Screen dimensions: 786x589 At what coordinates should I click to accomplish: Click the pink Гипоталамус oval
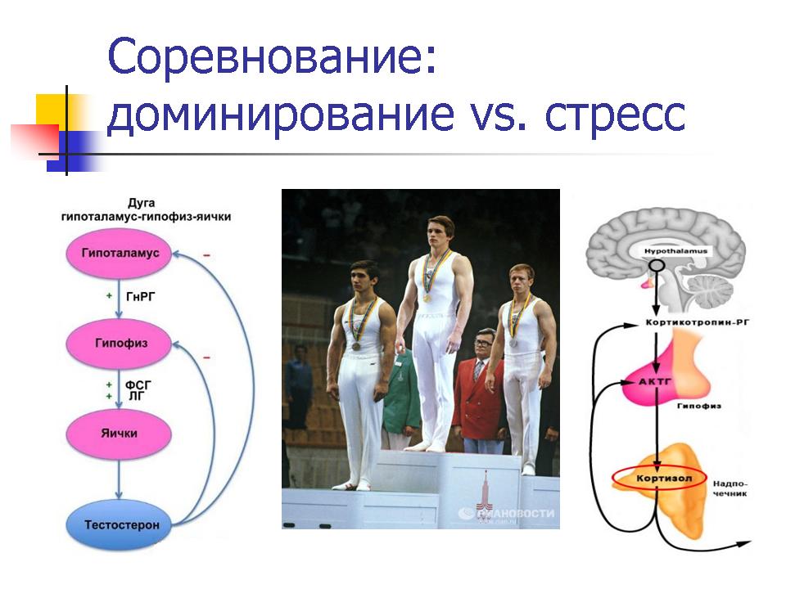click(120, 254)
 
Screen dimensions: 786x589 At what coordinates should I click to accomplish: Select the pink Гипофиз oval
click(120, 344)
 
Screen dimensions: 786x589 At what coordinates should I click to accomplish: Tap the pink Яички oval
click(120, 434)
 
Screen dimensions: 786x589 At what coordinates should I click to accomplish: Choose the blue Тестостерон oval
click(120, 525)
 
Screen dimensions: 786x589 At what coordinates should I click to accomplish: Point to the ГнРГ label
click(141, 297)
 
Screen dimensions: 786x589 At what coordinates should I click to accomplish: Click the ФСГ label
click(138, 385)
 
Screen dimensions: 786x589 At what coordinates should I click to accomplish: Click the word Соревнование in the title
click(271, 56)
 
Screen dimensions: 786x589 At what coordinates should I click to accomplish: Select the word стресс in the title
click(615, 114)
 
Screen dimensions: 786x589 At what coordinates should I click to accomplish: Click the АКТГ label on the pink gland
click(654, 382)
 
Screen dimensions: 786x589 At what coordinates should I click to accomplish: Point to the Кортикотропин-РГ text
click(698, 322)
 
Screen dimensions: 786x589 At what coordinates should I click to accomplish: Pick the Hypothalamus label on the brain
click(675, 251)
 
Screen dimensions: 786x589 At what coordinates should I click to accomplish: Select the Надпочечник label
click(730, 488)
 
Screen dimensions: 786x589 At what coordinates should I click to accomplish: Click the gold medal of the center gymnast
click(427, 297)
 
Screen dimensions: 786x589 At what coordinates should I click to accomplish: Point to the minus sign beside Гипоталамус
click(206, 255)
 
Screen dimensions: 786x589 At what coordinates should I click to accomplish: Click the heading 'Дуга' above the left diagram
click(142, 203)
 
